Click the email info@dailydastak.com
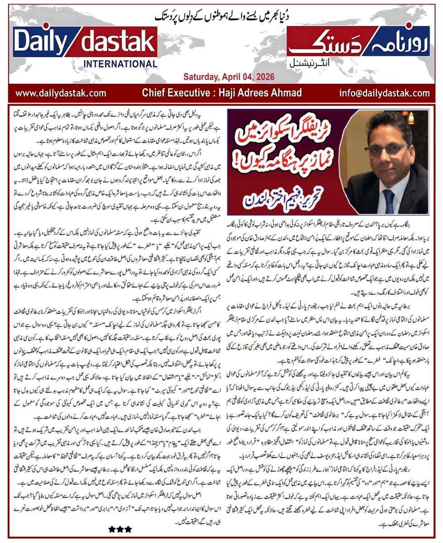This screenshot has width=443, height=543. pyautogui.click(x=384, y=93)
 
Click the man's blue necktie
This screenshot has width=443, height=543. pyautogui.click(x=388, y=199)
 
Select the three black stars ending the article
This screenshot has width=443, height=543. pyautogui.click(x=120, y=528)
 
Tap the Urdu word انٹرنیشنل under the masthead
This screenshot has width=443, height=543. pyautogui.click(x=312, y=63)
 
